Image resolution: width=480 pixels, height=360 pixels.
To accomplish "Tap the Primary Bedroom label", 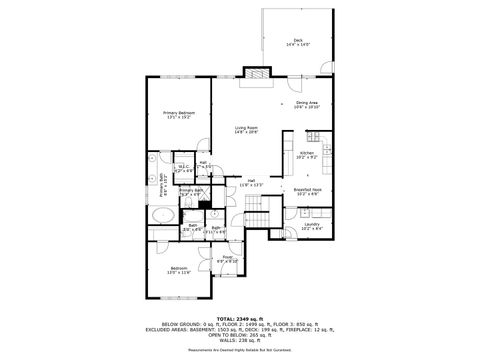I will pyautogui.click(x=178, y=113).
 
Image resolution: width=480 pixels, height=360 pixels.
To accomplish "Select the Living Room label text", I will pyautogui.click(x=246, y=127).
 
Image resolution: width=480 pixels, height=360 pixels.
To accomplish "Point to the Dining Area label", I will pyautogui.click(x=307, y=103).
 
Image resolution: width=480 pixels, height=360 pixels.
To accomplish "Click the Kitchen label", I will pyautogui.click(x=306, y=153).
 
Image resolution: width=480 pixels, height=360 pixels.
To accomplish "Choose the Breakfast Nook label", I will pyautogui.click(x=307, y=188).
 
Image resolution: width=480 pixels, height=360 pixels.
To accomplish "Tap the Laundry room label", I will pyautogui.click(x=312, y=224).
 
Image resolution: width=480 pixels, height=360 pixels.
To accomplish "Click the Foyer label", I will pyautogui.click(x=227, y=258).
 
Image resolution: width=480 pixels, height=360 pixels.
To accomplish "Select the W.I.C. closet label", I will pyautogui.click(x=183, y=166).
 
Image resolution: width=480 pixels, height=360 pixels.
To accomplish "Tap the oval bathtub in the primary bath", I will pyautogui.click(x=162, y=215).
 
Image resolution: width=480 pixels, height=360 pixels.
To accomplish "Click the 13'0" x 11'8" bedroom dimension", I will pyautogui.click(x=178, y=273).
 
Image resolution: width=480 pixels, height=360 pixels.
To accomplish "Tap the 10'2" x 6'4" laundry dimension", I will pyautogui.click(x=312, y=229).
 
